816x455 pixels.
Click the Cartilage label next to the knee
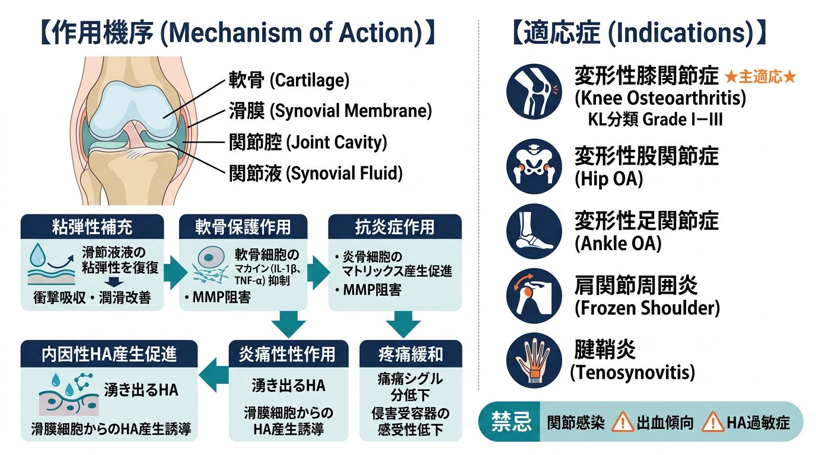point(289,80)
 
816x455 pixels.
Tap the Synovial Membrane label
point(330,111)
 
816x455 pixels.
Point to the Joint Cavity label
point(308,142)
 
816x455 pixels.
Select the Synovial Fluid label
point(315,173)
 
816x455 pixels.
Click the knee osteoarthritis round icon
point(534,91)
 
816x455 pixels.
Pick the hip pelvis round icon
point(534,166)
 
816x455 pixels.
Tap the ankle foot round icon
point(534,231)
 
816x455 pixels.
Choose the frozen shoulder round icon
point(534,296)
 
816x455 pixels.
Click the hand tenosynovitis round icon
point(534,360)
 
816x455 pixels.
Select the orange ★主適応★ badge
point(760,77)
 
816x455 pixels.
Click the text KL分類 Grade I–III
point(655,120)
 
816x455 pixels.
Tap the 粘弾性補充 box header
point(92,226)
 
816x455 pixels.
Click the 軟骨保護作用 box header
point(243,226)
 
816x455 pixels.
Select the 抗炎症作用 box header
point(395,226)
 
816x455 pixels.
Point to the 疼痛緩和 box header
point(410,354)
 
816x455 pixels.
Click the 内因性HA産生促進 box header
point(109,354)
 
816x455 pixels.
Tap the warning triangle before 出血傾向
point(622,422)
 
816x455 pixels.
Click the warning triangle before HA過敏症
point(712,422)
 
